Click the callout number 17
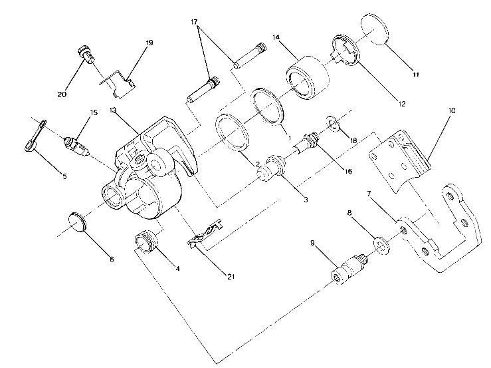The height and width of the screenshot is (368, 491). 195,21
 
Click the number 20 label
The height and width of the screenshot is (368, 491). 62,94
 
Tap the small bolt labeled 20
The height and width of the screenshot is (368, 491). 83,53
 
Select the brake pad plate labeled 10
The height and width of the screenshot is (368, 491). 399,160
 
